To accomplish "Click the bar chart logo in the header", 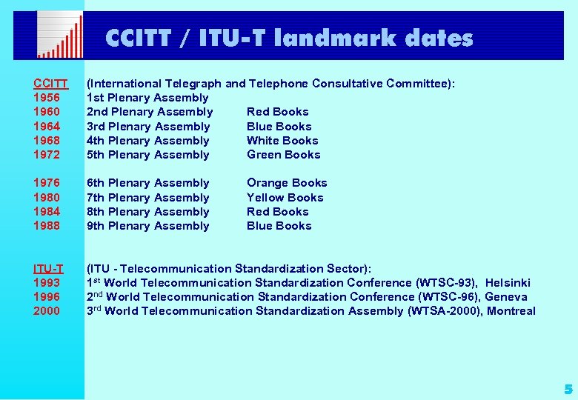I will coord(60,35).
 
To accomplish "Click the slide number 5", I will coord(568,389).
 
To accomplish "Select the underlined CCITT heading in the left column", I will coord(50,84).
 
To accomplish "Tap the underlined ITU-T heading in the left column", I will coord(48,268).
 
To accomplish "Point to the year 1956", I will coord(47,98).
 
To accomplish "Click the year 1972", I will coord(47,155).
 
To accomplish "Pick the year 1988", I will coord(47,226).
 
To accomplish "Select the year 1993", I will coord(47,282).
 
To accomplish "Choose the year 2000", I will coord(47,311).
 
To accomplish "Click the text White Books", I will coord(282,141).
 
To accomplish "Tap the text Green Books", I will coord(284,155).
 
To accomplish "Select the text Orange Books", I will coord(287,183).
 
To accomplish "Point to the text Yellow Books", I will coord(285,198).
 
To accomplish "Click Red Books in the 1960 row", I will coord(278,112).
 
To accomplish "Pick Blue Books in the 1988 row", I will coord(279,226).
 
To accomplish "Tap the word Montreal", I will coord(511,311).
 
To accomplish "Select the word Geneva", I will coord(506,296).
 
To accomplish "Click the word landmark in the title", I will coord(335,38).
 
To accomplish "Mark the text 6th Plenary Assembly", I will coord(148,183).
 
